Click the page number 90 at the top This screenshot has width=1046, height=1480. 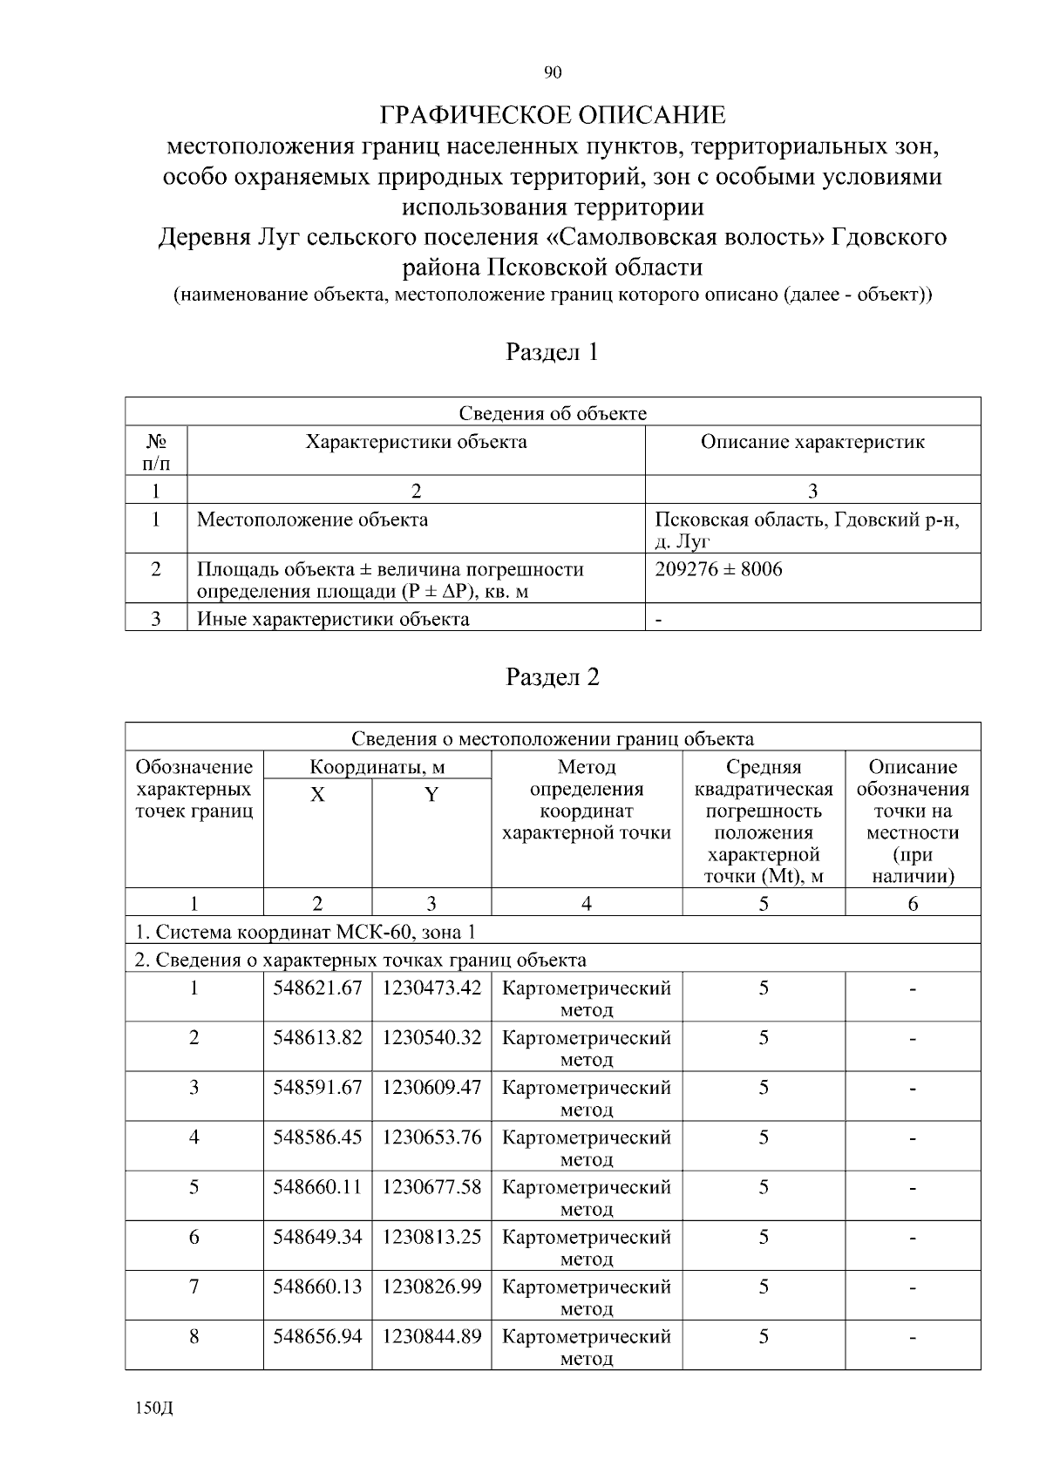click(552, 72)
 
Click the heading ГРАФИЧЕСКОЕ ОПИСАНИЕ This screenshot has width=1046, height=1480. click(552, 115)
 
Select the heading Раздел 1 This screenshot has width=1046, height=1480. click(552, 352)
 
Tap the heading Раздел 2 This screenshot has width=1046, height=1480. click(552, 677)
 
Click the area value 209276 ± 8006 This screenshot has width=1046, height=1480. click(718, 570)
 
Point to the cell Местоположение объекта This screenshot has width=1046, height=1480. click(312, 520)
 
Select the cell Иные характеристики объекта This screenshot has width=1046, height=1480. click(333, 620)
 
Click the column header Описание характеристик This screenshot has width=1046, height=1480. click(812, 442)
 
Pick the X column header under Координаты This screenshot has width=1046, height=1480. click(317, 795)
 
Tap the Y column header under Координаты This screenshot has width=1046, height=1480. click(431, 795)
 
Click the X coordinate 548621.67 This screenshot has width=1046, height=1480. click(317, 988)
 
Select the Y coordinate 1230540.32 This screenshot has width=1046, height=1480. click(431, 1038)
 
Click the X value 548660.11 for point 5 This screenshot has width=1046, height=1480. click(317, 1187)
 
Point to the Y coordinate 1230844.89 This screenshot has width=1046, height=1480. click(431, 1336)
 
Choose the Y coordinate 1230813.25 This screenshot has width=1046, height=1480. click(431, 1237)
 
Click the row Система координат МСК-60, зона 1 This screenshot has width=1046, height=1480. click(305, 932)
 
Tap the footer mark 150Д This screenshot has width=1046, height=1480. click(154, 1409)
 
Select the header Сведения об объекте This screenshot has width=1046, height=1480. click(552, 413)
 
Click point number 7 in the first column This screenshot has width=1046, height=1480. click(194, 1287)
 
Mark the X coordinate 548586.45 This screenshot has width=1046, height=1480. click(317, 1137)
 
